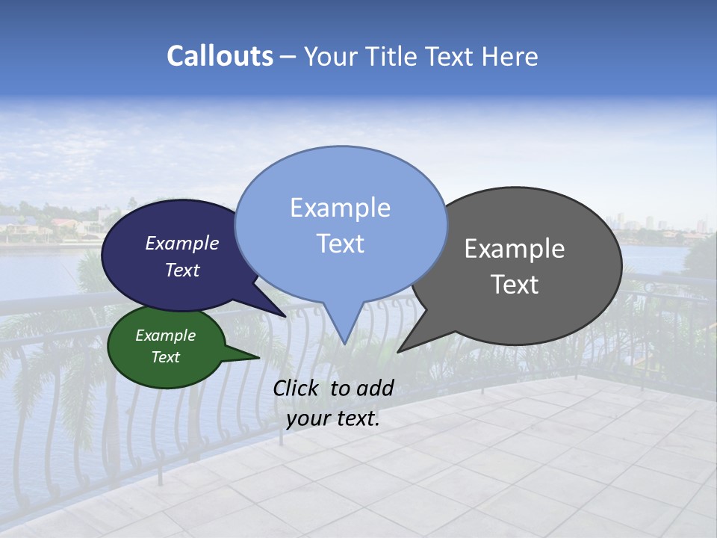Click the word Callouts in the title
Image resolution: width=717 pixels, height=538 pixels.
(x=220, y=56)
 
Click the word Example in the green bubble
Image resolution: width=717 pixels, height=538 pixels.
(x=165, y=336)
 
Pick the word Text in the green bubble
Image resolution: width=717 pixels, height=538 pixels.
(x=165, y=357)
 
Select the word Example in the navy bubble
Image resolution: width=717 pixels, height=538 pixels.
(x=181, y=243)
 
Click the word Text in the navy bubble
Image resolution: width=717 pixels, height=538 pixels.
(x=181, y=270)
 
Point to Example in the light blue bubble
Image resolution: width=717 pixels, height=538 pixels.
(x=340, y=208)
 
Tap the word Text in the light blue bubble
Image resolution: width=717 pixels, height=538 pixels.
(x=340, y=244)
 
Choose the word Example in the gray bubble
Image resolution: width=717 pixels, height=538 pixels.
(x=515, y=248)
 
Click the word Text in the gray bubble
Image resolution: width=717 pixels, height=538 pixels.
(x=515, y=285)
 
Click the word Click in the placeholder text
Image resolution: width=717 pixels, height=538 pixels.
(x=297, y=388)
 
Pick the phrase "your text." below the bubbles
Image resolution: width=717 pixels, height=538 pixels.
(x=332, y=418)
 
